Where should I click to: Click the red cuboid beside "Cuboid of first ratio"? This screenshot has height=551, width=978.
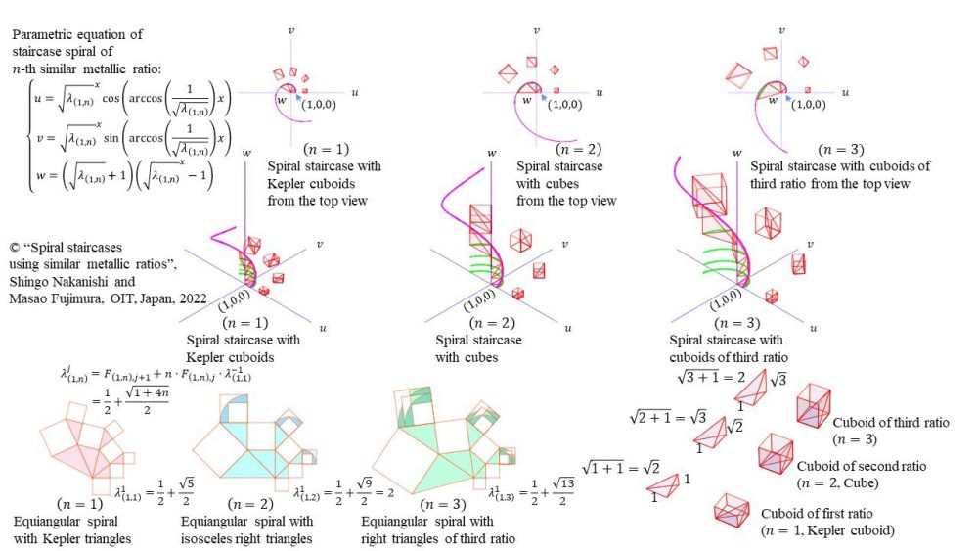[732, 509]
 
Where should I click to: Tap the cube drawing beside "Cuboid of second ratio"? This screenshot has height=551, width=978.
[775, 452]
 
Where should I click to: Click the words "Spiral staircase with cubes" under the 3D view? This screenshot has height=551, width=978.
[478, 348]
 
